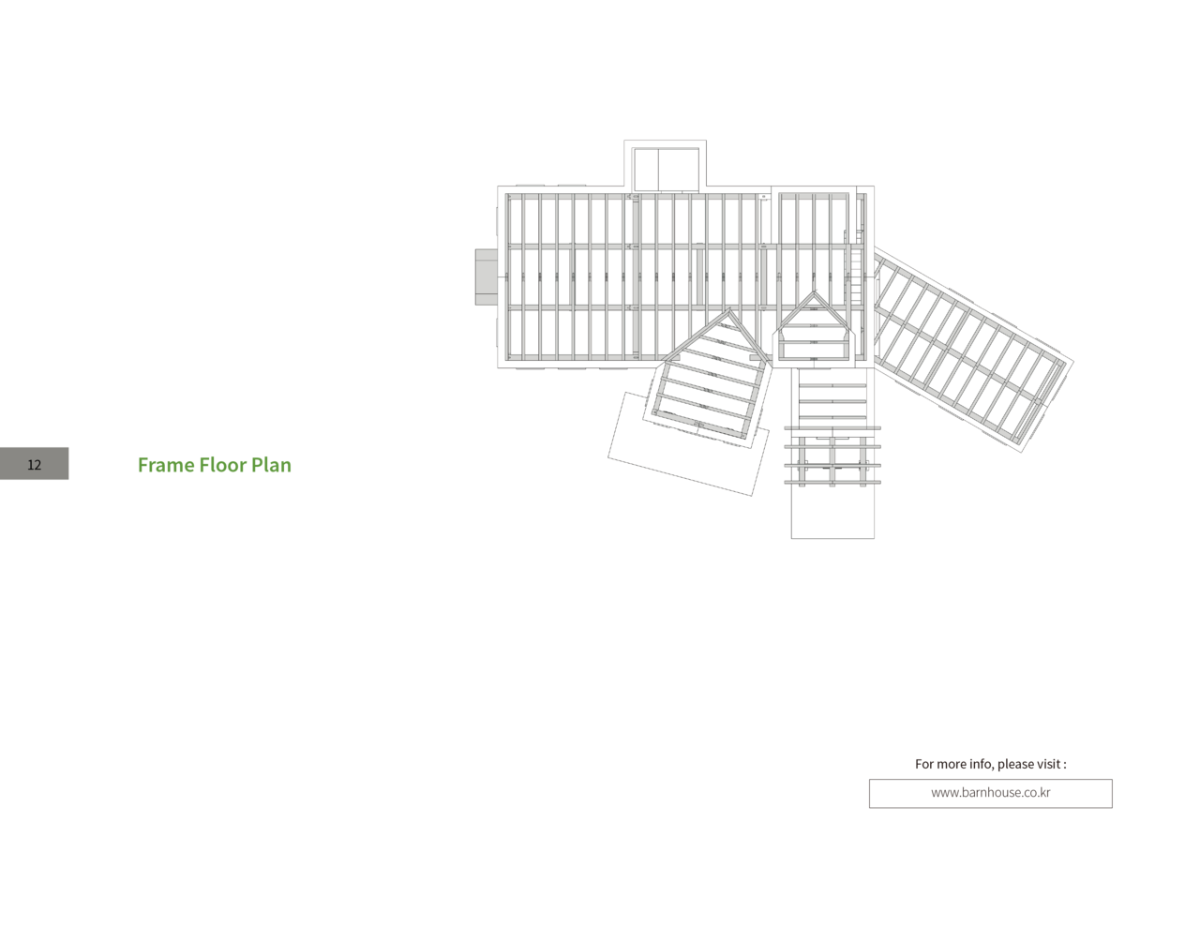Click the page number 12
[x=35, y=464]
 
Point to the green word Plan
[x=271, y=465]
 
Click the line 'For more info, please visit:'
[x=991, y=764]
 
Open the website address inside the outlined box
[x=990, y=793]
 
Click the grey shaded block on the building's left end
[x=486, y=277]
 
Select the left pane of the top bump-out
[x=646, y=168]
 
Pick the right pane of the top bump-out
[x=679, y=168]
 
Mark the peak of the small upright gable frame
[x=813, y=294]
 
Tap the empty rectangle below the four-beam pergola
[x=832, y=512]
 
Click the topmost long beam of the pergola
[x=832, y=428]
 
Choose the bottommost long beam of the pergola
[x=832, y=482]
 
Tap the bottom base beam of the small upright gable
[x=813, y=357]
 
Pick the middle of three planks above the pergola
[x=832, y=400]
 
